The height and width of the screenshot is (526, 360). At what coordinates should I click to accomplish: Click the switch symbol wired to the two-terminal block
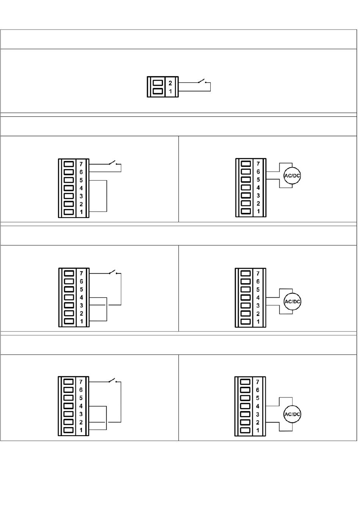pyautogui.click(x=201, y=81)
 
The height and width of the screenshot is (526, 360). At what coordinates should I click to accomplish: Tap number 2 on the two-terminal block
pyautogui.click(x=171, y=83)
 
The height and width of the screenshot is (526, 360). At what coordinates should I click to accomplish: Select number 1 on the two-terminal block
pyautogui.click(x=171, y=91)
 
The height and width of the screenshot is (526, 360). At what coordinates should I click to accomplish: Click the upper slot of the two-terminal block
pyautogui.click(x=157, y=83)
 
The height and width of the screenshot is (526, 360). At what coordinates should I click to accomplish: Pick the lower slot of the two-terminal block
pyautogui.click(x=157, y=91)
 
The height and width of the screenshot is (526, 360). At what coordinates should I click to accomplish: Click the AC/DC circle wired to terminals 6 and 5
pyautogui.click(x=292, y=176)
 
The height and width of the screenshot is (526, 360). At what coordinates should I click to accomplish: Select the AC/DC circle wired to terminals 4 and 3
pyautogui.click(x=292, y=301)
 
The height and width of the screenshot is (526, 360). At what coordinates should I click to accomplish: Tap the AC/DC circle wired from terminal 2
pyautogui.click(x=292, y=414)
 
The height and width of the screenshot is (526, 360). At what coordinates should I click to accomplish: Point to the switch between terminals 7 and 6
pyautogui.click(x=113, y=163)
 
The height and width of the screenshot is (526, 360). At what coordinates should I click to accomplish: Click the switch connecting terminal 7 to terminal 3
pyautogui.click(x=113, y=272)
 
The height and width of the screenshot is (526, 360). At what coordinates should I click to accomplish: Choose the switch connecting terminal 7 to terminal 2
pyautogui.click(x=113, y=381)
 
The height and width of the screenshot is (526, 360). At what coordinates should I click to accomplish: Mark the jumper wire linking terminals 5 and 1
pyautogui.click(x=106, y=196)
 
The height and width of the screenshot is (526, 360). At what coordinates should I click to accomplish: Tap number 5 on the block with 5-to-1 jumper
pyautogui.click(x=81, y=180)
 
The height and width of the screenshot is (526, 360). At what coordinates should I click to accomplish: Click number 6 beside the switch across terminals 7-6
pyautogui.click(x=81, y=172)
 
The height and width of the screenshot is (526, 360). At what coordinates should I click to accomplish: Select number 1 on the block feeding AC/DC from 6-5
pyautogui.click(x=258, y=211)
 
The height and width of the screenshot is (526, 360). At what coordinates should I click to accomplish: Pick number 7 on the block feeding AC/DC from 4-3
pyautogui.click(x=258, y=273)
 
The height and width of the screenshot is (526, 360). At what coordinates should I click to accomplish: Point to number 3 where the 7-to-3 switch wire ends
pyautogui.click(x=81, y=305)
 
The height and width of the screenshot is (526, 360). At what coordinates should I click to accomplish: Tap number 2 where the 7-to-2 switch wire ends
pyautogui.click(x=81, y=422)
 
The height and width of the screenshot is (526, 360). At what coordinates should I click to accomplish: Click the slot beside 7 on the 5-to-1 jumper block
pyautogui.click(x=69, y=164)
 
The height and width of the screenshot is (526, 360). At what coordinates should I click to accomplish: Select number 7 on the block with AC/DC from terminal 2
pyautogui.click(x=258, y=382)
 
